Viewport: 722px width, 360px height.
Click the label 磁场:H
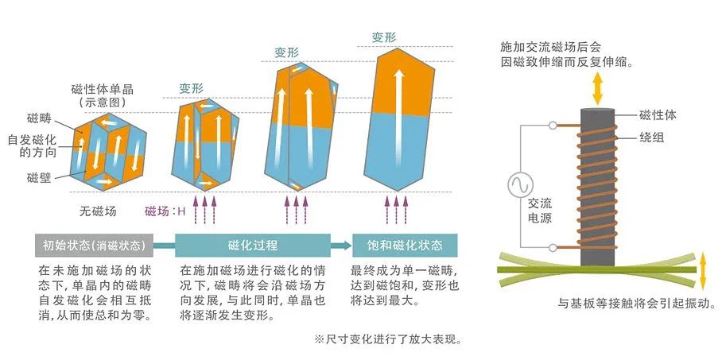coord(165,211)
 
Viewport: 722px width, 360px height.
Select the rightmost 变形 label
coord(385,37)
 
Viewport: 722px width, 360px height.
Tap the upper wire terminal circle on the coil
coord(553,126)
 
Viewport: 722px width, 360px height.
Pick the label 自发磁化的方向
coord(31,147)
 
